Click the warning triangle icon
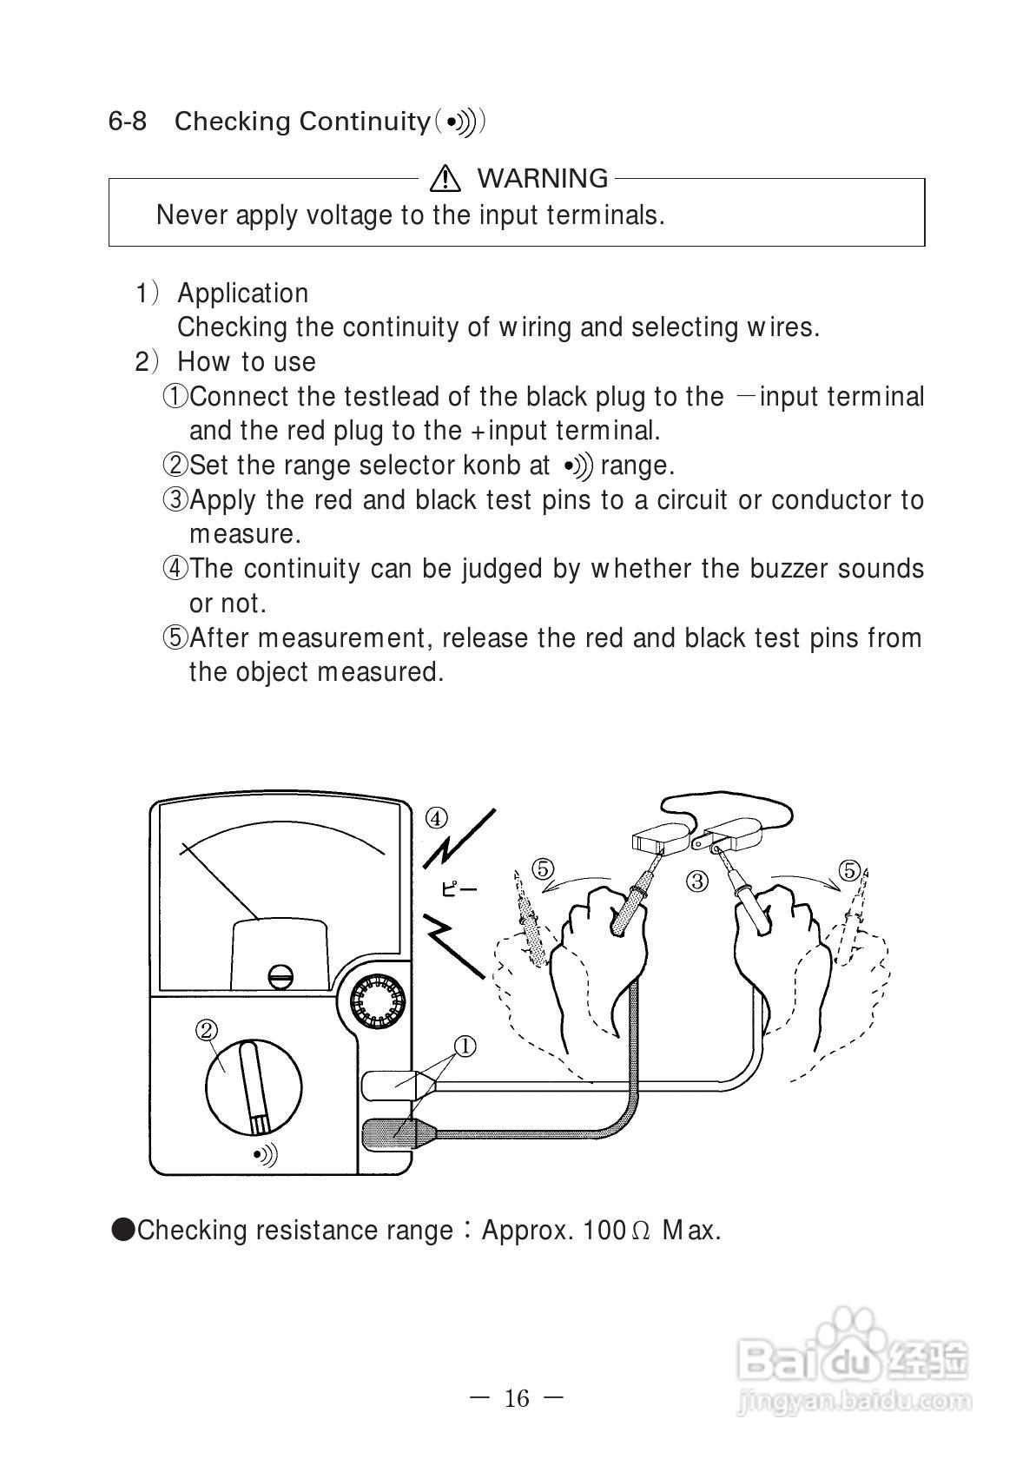(x=445, y=178)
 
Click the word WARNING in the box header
(x=543, y=178)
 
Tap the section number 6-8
(x=128, y=121)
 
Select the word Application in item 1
(x=242, y=294)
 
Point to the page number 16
(x=516, y=1398)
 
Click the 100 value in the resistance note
(x=604, y=1230)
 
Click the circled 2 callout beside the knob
(x=207, y=1030)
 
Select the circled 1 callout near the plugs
(x=465, y=1046)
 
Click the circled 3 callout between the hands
(x=697, y=881)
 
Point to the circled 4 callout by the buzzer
(x=436, y=817)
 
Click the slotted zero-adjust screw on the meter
(x=280, y=976)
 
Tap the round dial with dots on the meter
(x=379, y=1002)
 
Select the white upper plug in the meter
(x=391, y=1083)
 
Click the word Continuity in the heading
(x=364, y=121)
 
